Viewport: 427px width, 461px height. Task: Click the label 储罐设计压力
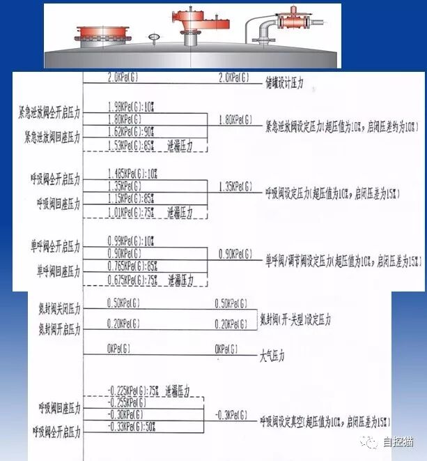285,88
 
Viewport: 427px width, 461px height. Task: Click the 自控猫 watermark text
398,441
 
